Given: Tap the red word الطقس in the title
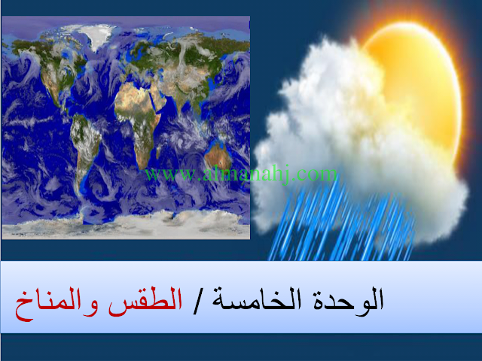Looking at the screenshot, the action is [x=145, y=299].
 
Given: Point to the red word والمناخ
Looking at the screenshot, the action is [x=56, y=302].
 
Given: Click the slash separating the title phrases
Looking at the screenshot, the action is [x=197, y=302].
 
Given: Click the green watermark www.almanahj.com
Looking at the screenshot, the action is [x=241, y=174].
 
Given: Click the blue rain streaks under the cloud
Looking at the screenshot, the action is [x=338, y=224].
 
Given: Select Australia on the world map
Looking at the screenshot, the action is [x=218, y=156].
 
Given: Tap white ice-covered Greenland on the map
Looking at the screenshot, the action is [x=98, y=36].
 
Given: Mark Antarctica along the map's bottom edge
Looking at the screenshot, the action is [x=126, y=224].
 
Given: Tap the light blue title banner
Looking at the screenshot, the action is [x=241, y=297].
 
